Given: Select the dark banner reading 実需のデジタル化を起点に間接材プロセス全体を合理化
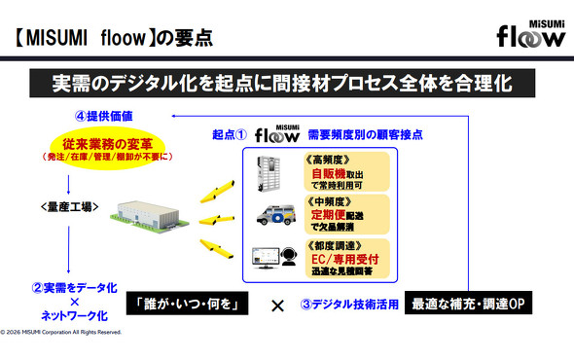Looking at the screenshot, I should click(x=288, y=85).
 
